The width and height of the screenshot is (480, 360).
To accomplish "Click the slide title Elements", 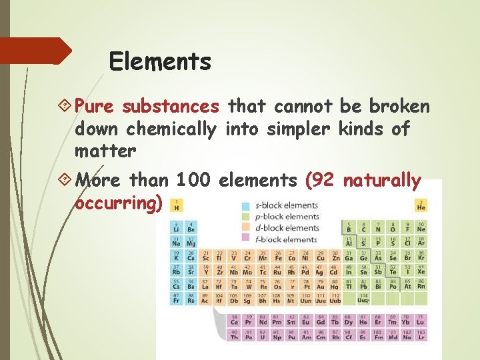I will [160, 62].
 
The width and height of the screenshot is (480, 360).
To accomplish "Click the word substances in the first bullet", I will [180, 106].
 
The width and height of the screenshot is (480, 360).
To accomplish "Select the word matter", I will [105, 151].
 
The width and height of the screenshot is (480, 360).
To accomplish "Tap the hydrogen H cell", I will [177, 206].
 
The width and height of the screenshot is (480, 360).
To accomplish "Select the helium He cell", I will [421, 206].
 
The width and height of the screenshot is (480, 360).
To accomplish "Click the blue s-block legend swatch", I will [245, 205].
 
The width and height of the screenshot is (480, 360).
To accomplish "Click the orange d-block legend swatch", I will [245, 228].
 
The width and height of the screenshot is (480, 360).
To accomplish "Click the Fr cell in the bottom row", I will [177, 299].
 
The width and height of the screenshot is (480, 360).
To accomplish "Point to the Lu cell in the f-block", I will [421, 320].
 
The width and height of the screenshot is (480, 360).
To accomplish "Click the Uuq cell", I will [363, 299].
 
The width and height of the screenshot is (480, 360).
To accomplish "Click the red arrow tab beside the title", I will [37, 51].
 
